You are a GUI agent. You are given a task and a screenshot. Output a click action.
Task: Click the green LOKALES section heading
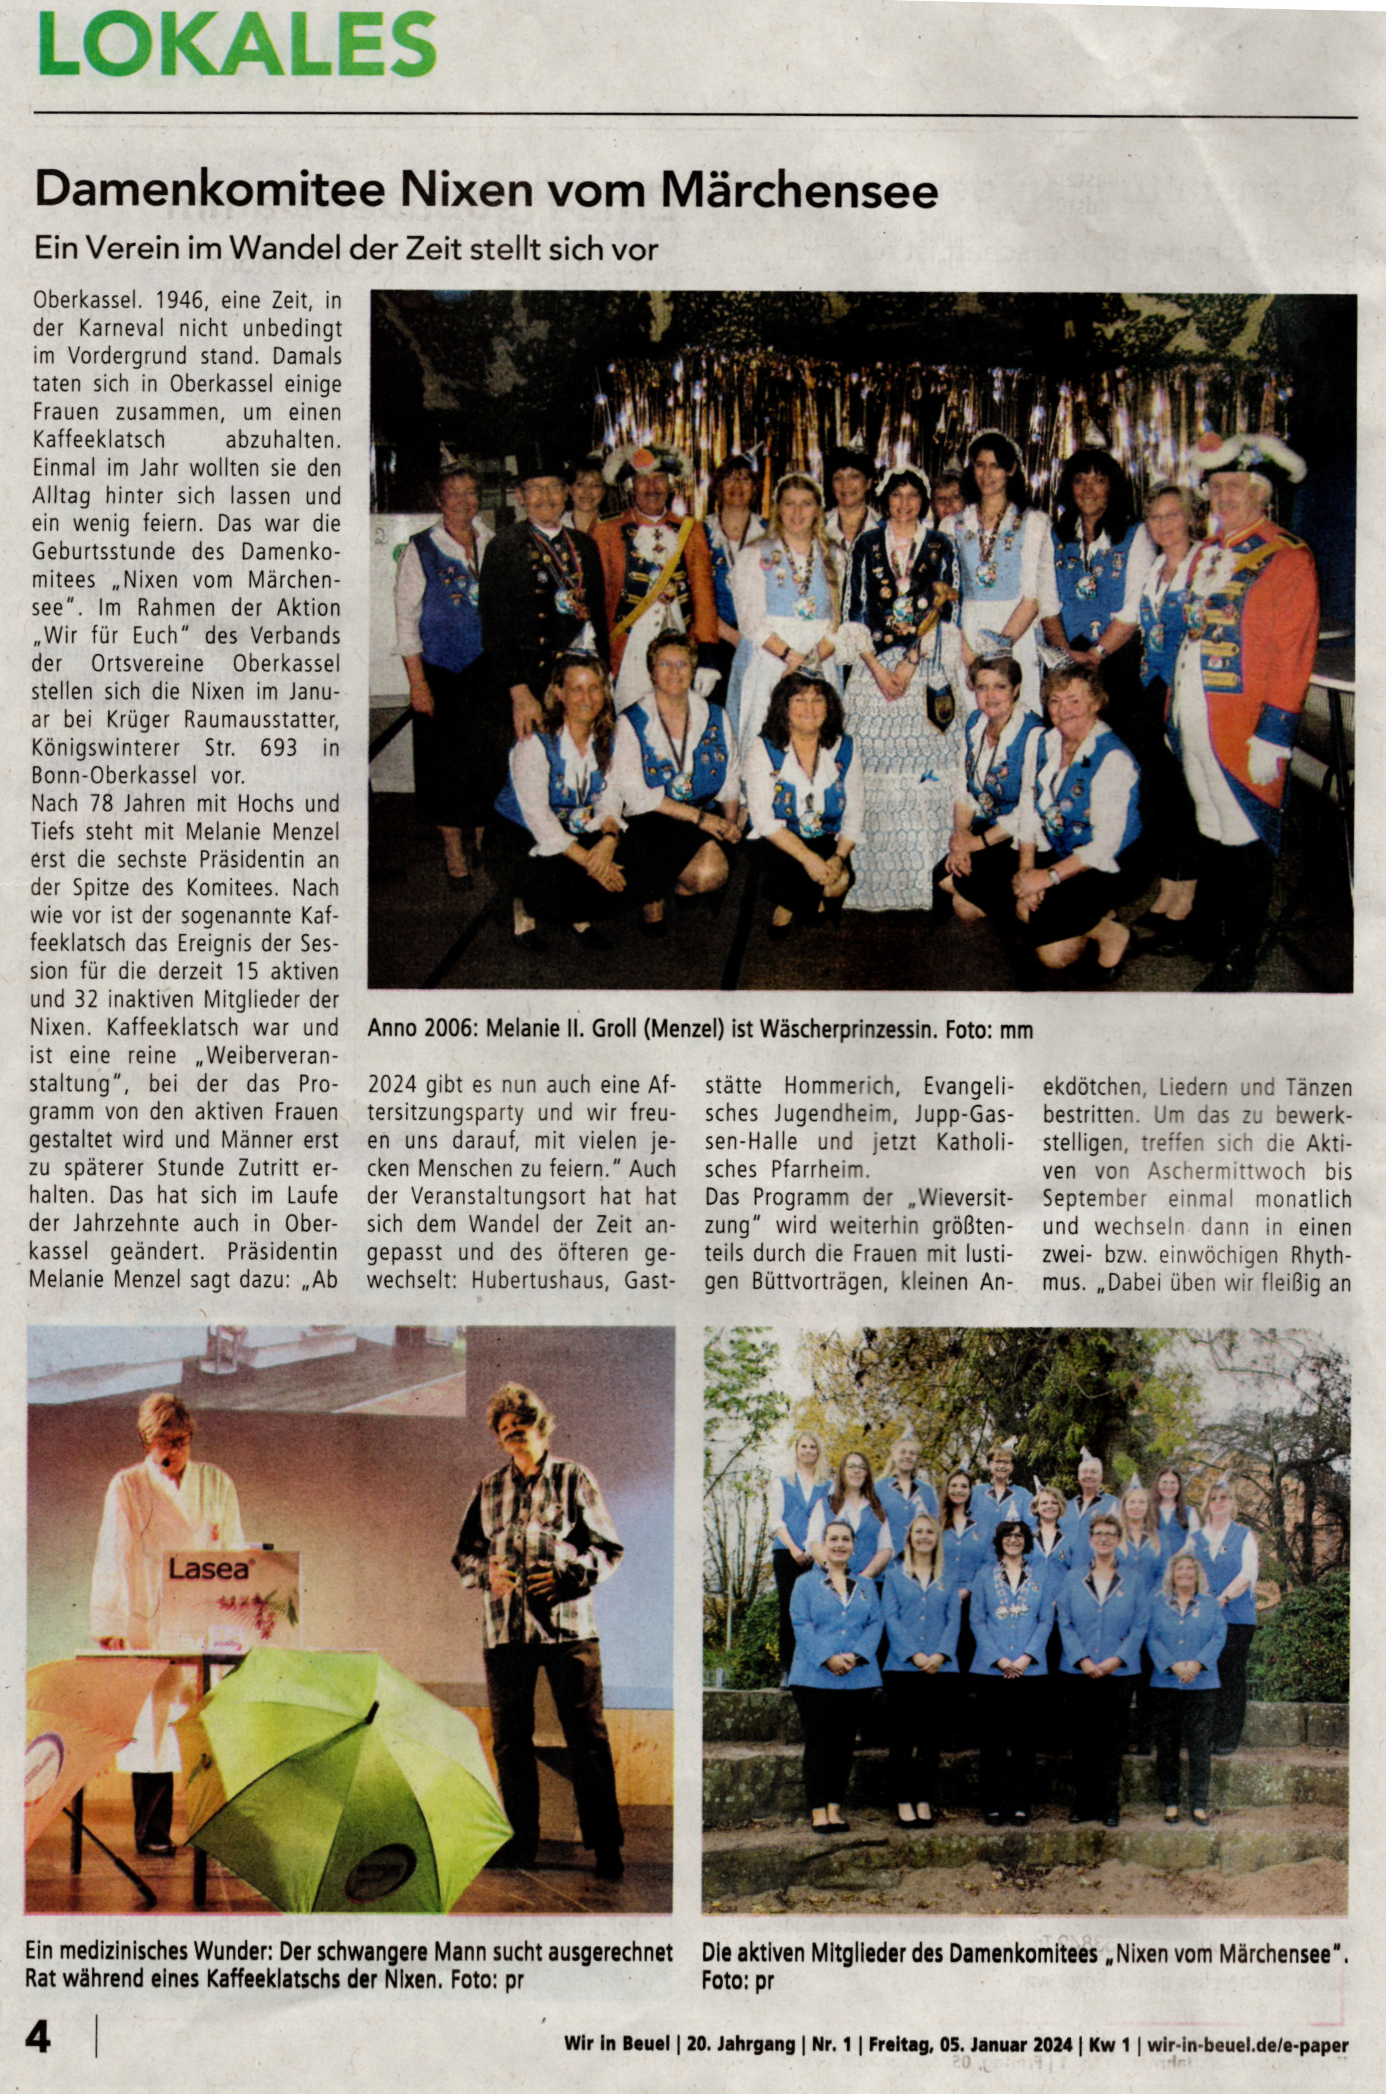[x=237, y=46]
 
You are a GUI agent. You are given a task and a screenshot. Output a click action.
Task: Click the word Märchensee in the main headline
[x=799, y=190]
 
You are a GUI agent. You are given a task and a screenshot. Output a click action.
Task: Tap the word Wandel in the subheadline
[x=284, y=250]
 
